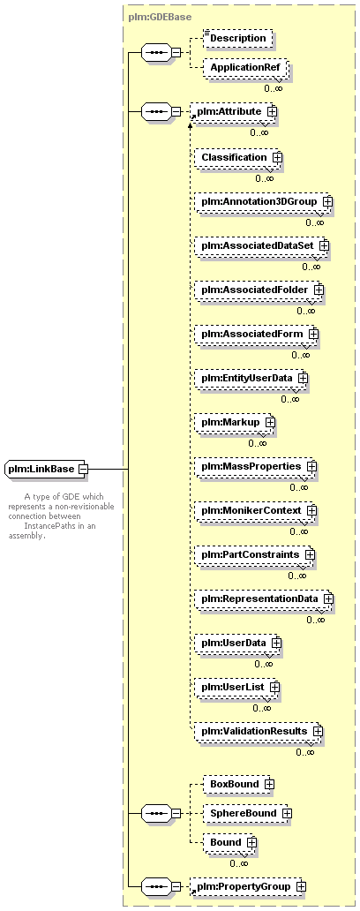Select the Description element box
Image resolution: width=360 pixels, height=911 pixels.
(x=238, y=38)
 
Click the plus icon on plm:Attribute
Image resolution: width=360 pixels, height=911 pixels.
(x=271, y=110)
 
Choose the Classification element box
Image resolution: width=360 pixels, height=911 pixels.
(x=237, y=157)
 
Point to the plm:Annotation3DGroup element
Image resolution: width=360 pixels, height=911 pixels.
(x=262, y=201)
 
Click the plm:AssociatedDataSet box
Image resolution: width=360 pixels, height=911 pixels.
(x=260, y=245)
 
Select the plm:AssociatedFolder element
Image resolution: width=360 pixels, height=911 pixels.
(x=259, y=290)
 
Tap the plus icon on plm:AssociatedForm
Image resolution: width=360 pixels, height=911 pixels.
(x=313, y=334)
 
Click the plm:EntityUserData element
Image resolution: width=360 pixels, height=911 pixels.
(x=251, y=378)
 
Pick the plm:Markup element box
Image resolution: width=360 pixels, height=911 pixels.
(x=234, y=422)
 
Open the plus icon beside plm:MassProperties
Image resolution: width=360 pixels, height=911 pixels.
(x=311, y=467)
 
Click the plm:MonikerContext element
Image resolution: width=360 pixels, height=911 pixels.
(x=256, y=511)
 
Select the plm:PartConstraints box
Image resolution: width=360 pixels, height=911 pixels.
(x=254, y=555)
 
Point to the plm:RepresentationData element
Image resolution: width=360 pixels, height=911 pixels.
(x=264, y=599)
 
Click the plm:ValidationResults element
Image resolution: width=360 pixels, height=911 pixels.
(x=258, y=732)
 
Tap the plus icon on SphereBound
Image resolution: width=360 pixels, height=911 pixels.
(x=286, y=813)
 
